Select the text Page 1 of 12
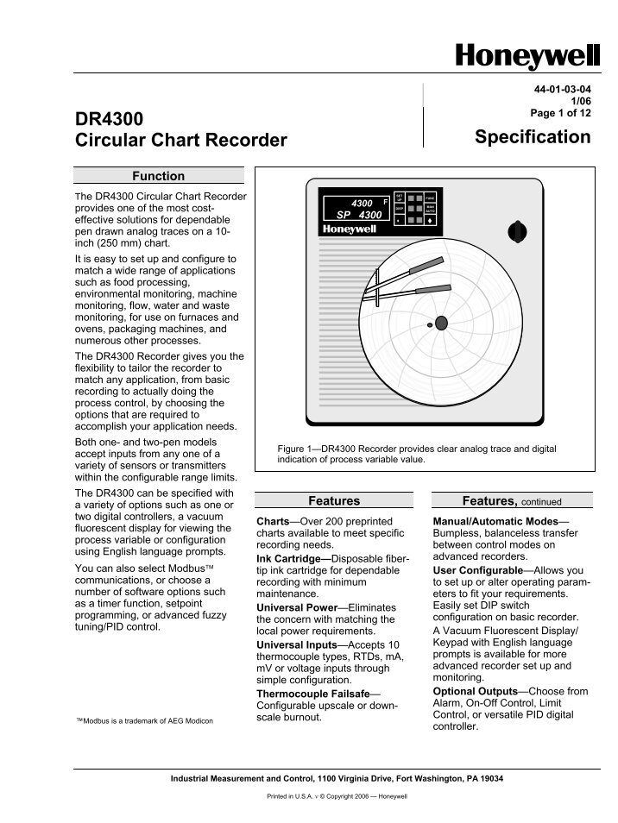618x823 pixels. [x=560, y=113]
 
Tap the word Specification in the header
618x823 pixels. [x=533, y=137]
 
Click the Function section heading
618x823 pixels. [x=158, y=176]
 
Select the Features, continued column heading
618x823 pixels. [x=511, y=500]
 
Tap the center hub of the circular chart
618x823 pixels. [x=441, y=323]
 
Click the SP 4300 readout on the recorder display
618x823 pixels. [x=358, y=214]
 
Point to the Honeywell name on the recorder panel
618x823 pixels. [x=350, y=229]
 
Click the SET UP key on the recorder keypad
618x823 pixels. [x=399, y=198]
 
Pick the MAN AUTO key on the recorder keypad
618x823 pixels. [x=429, y=209]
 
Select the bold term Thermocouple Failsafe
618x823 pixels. [x=317, y=694]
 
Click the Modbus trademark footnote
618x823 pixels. [x=144, y=719]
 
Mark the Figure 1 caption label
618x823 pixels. [x=298, y=449]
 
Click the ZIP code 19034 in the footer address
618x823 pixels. [x=489, y=778]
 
